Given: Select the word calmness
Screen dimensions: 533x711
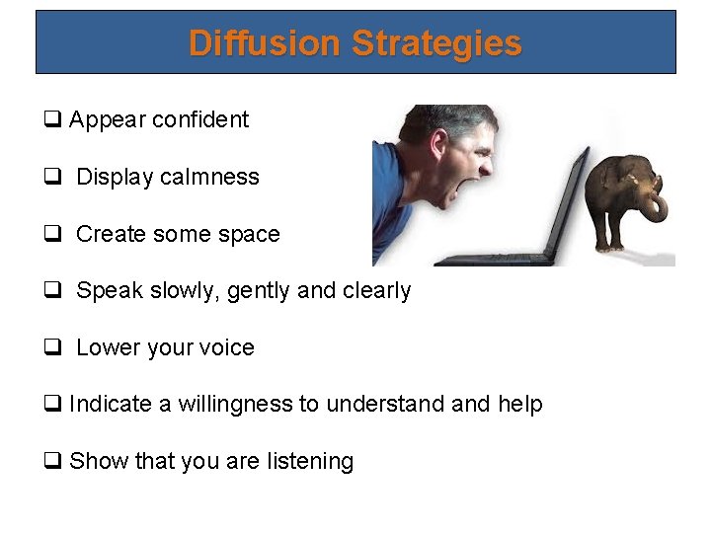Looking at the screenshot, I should tap(213, 178).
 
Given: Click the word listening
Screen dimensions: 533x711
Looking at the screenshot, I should tap(306, 462).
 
